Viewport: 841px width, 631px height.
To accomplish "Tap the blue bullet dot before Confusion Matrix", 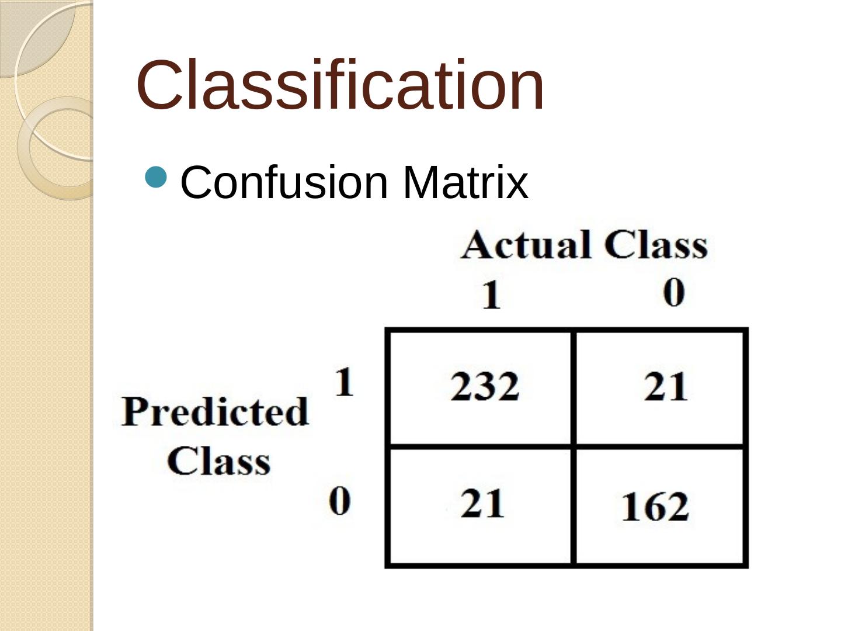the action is [x=157, y=176].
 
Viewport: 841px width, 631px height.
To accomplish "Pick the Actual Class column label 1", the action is [x=491, y=294].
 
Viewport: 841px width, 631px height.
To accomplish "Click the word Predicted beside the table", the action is [x=215, y=411].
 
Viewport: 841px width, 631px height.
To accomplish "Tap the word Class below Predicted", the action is [x=219, y=461].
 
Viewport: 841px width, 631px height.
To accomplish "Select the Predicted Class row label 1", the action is [x=344, y=382].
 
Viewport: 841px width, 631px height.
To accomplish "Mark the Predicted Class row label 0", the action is [x=339, y=501].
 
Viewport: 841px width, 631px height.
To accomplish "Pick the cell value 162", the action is [x=655, y=507].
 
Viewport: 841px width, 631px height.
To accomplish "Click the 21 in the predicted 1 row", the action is [x=666, y=387].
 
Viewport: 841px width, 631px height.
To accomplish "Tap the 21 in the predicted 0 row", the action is [x=482, y=504].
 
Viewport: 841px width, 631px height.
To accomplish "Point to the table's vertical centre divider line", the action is [x=573, y=448].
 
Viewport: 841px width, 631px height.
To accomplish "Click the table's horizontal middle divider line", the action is [x=567, y=447].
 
